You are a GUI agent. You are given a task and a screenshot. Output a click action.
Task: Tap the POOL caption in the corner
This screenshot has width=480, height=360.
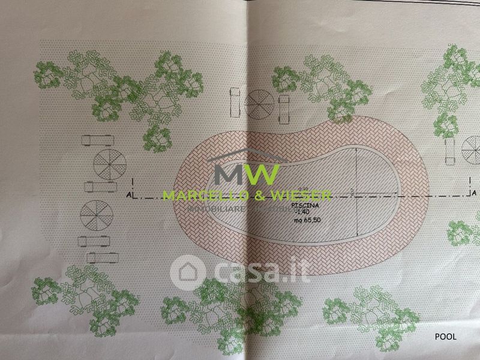click(445, 337)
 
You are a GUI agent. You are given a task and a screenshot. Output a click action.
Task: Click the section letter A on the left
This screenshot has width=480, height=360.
click(129, 194)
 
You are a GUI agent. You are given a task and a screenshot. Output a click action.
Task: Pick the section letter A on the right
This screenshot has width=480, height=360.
click(473, 193)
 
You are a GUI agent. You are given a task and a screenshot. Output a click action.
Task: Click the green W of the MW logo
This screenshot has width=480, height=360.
click(260, 174)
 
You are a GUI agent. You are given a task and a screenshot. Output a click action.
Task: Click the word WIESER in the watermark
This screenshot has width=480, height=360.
click(303, 196)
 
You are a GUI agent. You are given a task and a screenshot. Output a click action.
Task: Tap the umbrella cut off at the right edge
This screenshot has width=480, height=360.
click(472, 148)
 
